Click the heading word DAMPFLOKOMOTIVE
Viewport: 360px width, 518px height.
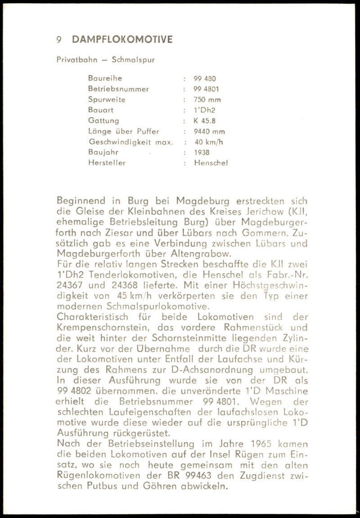(x=122, y=40)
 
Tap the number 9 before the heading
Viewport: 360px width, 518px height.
(x=59, y=40)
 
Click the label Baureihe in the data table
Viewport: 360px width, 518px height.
(x=105, y=78)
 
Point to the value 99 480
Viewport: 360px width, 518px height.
(x=205, y=78)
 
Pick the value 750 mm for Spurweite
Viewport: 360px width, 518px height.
(x=207, y=100)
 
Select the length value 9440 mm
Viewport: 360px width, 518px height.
(x=209, y=132)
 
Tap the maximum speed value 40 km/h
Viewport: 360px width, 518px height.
(x=209, y=142)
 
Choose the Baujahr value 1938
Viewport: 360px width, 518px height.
(x=202, y=153)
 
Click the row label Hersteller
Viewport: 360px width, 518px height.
(x=107, y=163)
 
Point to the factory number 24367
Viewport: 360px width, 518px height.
(x=72, y=286)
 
